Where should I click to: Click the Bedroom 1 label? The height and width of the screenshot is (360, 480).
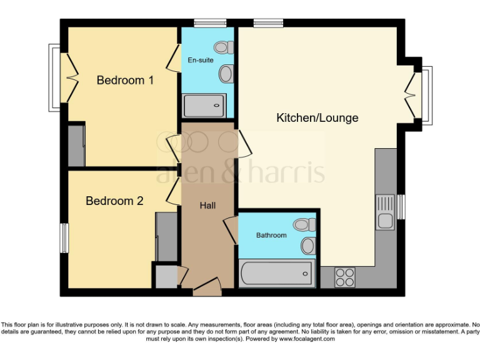pyautogui.click(x=125, y=80)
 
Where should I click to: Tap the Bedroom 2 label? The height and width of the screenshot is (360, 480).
pyautogui.click(x=114, y=201)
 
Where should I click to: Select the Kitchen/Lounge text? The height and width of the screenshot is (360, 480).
pyautogui.click(x=317, y=117)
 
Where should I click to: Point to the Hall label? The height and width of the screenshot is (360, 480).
pyautogui.click(x=207, y=205)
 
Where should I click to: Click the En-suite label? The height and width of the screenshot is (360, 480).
pyautogui.click(x=201, y=61)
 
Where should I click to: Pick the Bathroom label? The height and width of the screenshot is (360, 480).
pyautogui.click(x=271, y=235)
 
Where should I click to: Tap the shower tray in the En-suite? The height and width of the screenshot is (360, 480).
pyautogui.click(x=204, y=105)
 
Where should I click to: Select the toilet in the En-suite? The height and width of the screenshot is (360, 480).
pyautogui.click(x=223, y=47)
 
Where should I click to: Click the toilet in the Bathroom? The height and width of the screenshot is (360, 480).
pyautogui.click(x=304, y=224)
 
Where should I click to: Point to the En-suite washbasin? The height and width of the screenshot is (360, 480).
pyautogui.click(x=226, y=74)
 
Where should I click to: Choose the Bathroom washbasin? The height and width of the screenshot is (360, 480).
pyautogui.click(x=307, y=246)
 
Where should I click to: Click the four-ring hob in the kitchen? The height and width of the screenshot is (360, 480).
pyautogui.click(x=344, y=276)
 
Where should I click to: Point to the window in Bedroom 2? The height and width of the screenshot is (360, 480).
pyautogui.click(x=64, y=238)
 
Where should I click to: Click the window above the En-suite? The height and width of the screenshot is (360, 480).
pyautogui.click(x=205, y=24)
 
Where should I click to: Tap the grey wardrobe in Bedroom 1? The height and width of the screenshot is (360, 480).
pyautogui.click(x=76, y=145)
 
